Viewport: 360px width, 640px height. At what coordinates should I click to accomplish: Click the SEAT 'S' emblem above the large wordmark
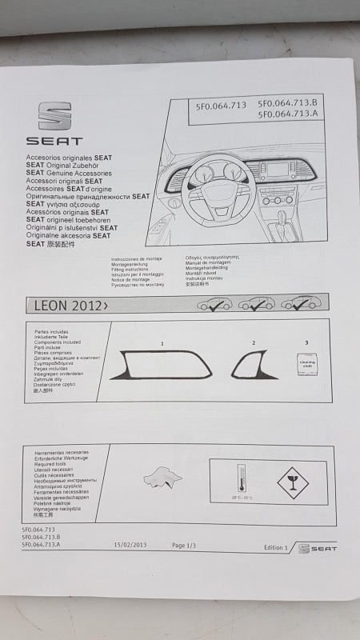[x=54, y=116]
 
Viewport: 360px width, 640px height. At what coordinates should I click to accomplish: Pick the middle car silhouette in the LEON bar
[x=257, y=303]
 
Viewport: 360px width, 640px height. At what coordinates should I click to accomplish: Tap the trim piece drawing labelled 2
[x=254, y=365]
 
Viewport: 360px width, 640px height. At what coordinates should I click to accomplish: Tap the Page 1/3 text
[x=189, y=545]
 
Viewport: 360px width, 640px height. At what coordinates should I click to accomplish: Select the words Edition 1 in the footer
[x=274, y=547]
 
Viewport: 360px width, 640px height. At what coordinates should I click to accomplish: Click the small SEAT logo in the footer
[x=318, y=548]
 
